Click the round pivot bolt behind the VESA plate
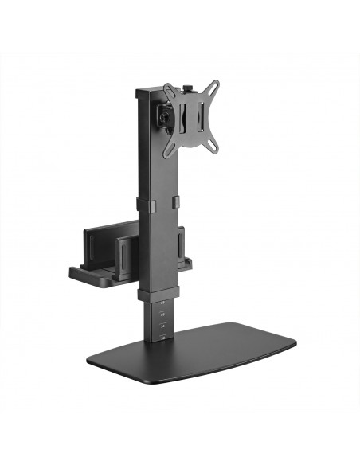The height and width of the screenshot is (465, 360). point(164,116)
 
